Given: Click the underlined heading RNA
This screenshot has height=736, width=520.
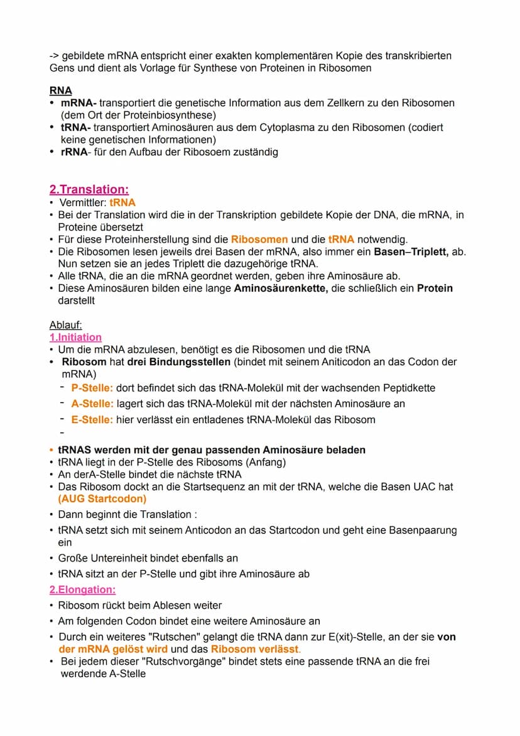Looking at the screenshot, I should [60, 91].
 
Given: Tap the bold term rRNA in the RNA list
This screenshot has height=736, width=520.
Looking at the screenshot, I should [74, 152].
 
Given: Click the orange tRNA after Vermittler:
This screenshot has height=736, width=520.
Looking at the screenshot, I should [122, 202].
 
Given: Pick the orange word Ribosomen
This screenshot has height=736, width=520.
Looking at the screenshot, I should [259, 239].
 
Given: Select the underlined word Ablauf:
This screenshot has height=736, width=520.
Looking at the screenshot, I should [66, 325].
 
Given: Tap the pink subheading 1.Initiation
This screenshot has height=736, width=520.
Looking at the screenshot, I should [75, 338].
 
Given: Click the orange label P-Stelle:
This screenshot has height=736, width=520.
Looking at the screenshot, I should [92, 388].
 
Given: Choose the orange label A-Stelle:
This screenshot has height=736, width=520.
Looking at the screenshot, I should [92, 404].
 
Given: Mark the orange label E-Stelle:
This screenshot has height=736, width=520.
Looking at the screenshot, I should [92, 419].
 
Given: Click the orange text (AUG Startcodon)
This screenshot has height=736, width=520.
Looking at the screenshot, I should [102, 499].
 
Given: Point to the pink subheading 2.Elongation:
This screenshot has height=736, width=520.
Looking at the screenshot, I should [82, 590].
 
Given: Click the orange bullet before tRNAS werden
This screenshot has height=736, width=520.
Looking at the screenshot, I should [51, 450].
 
